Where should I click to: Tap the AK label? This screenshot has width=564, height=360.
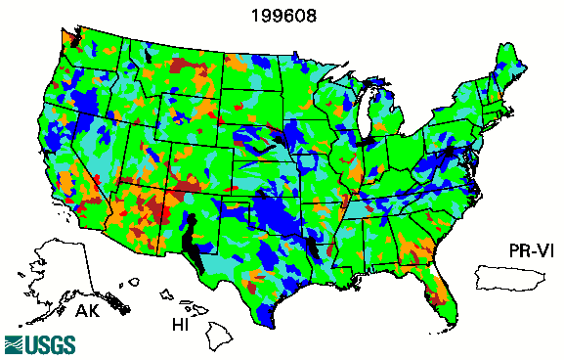coord(89,312)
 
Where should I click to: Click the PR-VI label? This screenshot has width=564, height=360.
coord(528,250)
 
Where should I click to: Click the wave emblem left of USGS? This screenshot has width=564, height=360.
coord(14,343)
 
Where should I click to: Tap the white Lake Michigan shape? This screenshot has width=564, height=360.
coord(366,115)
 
